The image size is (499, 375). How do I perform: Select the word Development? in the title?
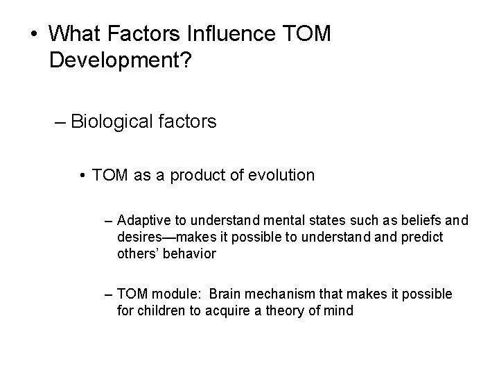pyautogui.click(x=122, y=62)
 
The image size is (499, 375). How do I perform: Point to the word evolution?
pyautogui.click(x=279, y=176)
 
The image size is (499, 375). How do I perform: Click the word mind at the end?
pyautogui.click(x=339, y=310)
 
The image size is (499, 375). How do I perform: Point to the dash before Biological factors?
pyautogui.click(x=60, y=123)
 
